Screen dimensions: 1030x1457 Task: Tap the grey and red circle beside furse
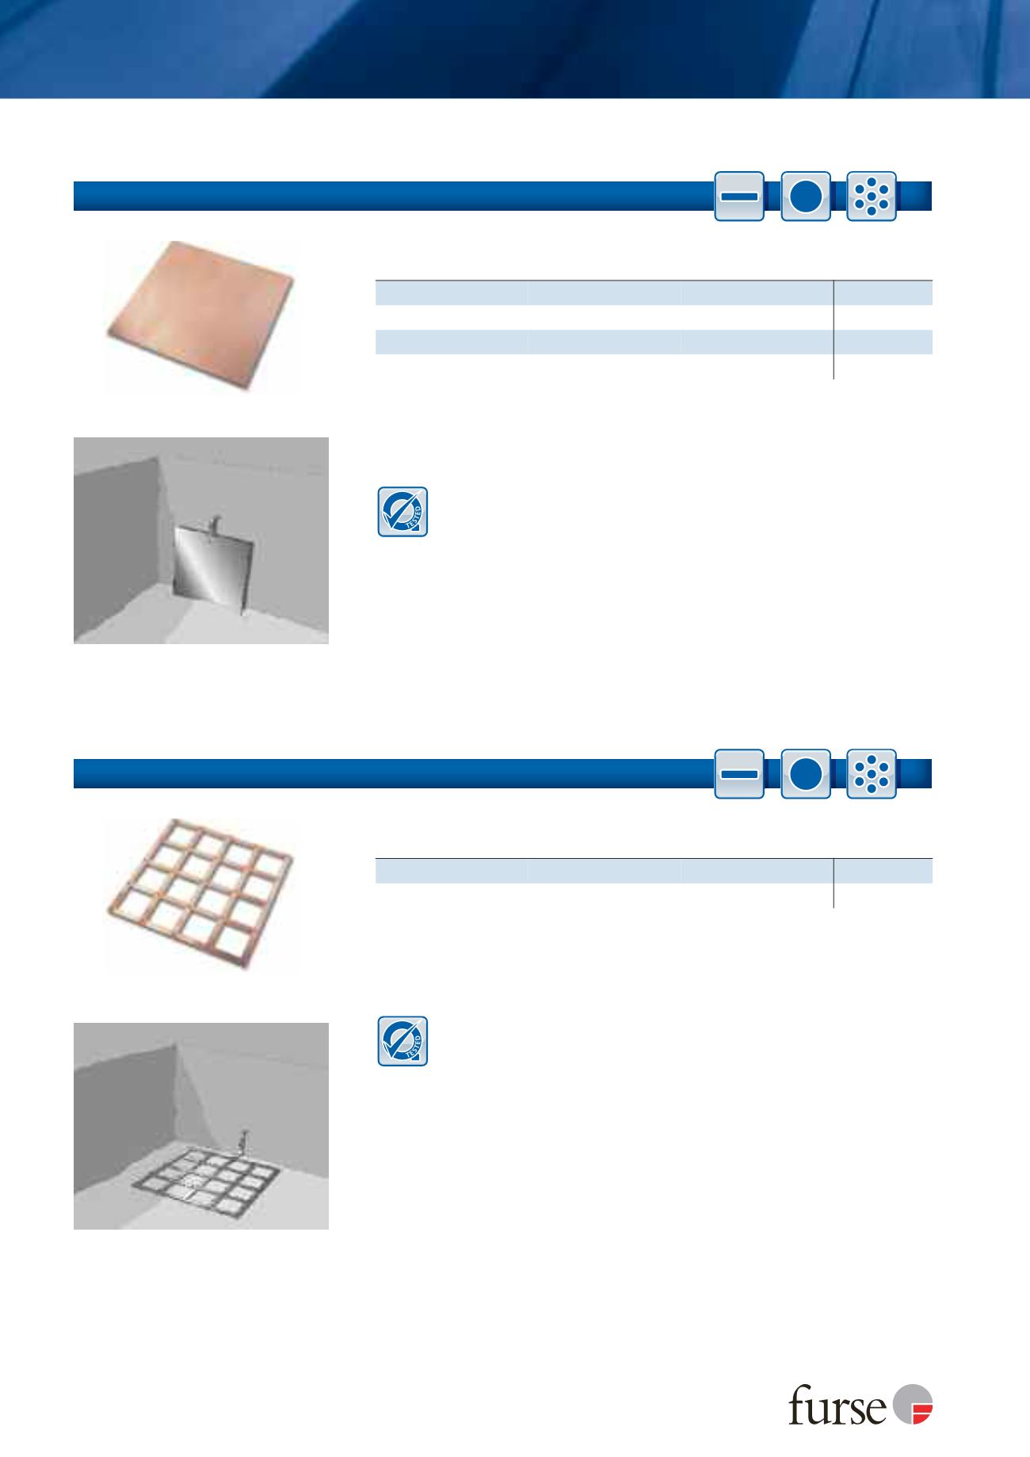click(913, 1403)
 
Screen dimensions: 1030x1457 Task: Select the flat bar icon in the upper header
click(739, 196)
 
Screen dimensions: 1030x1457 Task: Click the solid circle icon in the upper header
click(805, 196)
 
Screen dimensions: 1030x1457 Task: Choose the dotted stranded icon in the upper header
click(872, 196)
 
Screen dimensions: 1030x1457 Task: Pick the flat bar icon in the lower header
click(739, 773)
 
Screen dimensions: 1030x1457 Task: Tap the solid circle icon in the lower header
click(805, 773)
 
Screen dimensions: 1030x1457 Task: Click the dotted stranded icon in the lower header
click(872, 773)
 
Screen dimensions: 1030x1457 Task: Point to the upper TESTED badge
click(402, 512)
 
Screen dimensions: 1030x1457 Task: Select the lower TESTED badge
click(402, 1041)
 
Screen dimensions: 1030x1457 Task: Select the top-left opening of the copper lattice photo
click(180, 838)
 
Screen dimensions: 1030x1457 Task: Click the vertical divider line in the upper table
click(834, 330)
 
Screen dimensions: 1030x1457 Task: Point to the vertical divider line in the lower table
click(834, 883)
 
